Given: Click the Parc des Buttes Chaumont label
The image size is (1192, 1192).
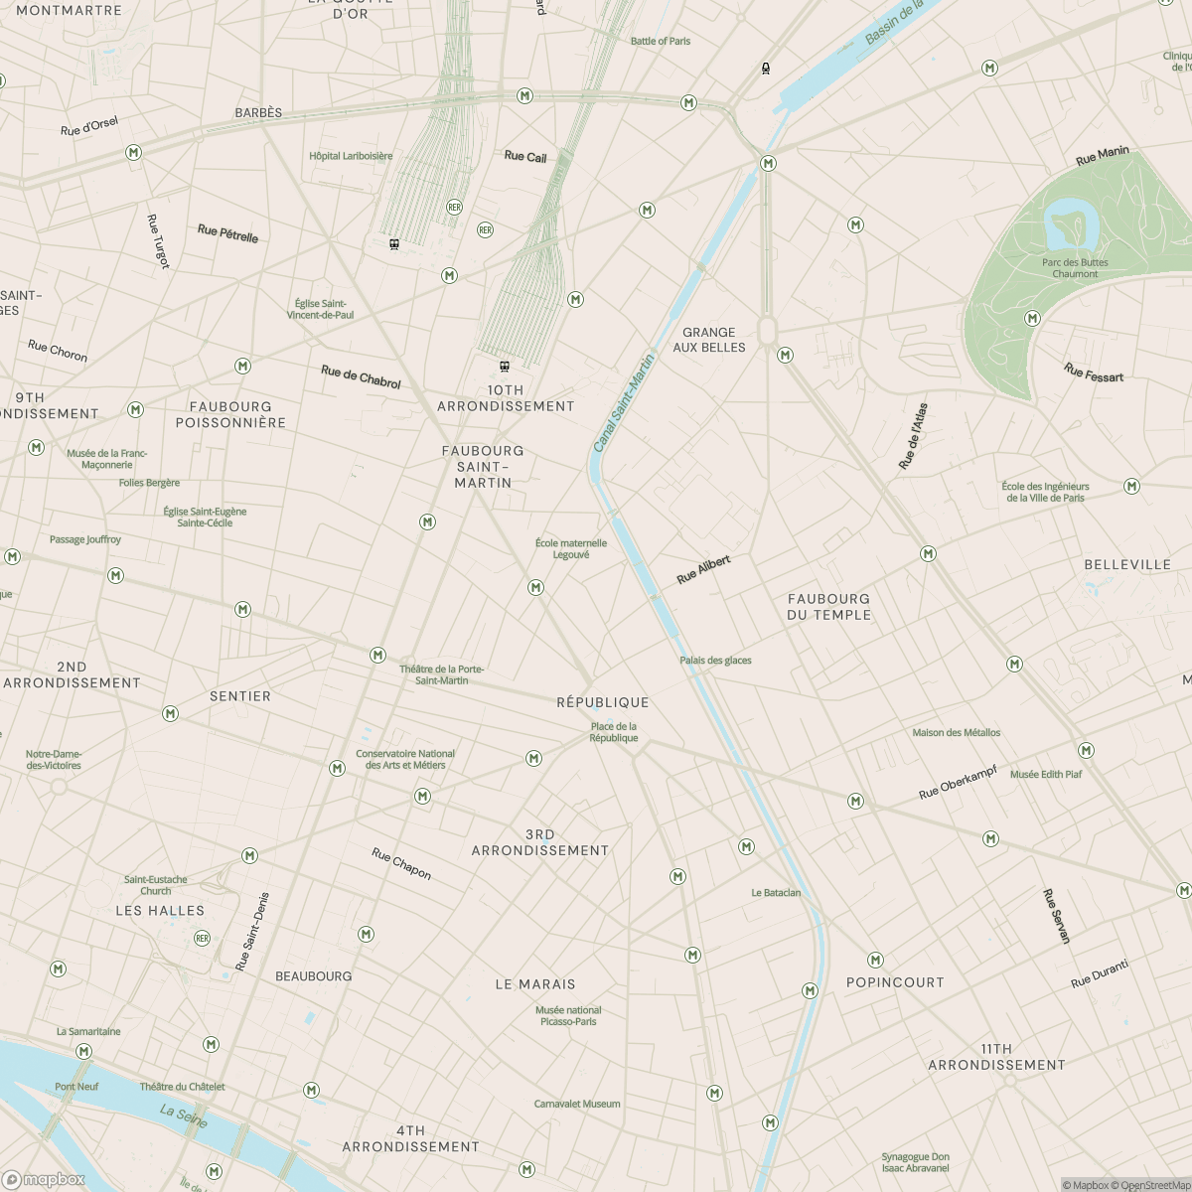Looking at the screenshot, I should [x=1075, y=268].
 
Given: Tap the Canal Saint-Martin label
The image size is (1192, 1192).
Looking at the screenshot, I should [x=624, y=402].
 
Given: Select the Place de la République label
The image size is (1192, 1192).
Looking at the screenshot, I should [x=613, y=732].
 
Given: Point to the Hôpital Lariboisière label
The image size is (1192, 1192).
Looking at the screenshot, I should [x=351, y=156].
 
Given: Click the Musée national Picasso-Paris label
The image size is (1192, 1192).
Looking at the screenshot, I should [x=568, y=1015].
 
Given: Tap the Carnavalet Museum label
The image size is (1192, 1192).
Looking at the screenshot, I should [x=577, y=1104].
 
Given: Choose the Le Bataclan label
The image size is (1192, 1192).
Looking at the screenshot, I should [x=776, y=893].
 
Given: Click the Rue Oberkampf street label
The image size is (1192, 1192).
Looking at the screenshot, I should [x=958, y=783].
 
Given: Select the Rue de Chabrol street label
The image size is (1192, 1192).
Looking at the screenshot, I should [x=361, y=376].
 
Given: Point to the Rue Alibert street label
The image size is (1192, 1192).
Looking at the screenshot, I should [x=703, y=569].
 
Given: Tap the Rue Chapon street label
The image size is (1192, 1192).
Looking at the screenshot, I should [x=401, y=863].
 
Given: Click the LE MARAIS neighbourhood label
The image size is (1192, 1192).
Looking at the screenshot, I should [x=535, y=984].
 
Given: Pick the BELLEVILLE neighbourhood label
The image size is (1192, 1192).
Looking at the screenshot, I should [x=1127, y=564].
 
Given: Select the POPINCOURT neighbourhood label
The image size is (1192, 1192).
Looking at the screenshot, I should [x=895, y=982].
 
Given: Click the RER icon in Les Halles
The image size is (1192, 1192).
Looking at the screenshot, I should [x=203, y=938].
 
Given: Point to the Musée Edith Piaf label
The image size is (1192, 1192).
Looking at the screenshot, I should [x=1046, y=774].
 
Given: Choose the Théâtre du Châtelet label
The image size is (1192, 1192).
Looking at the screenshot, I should [x=182, y=1087].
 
